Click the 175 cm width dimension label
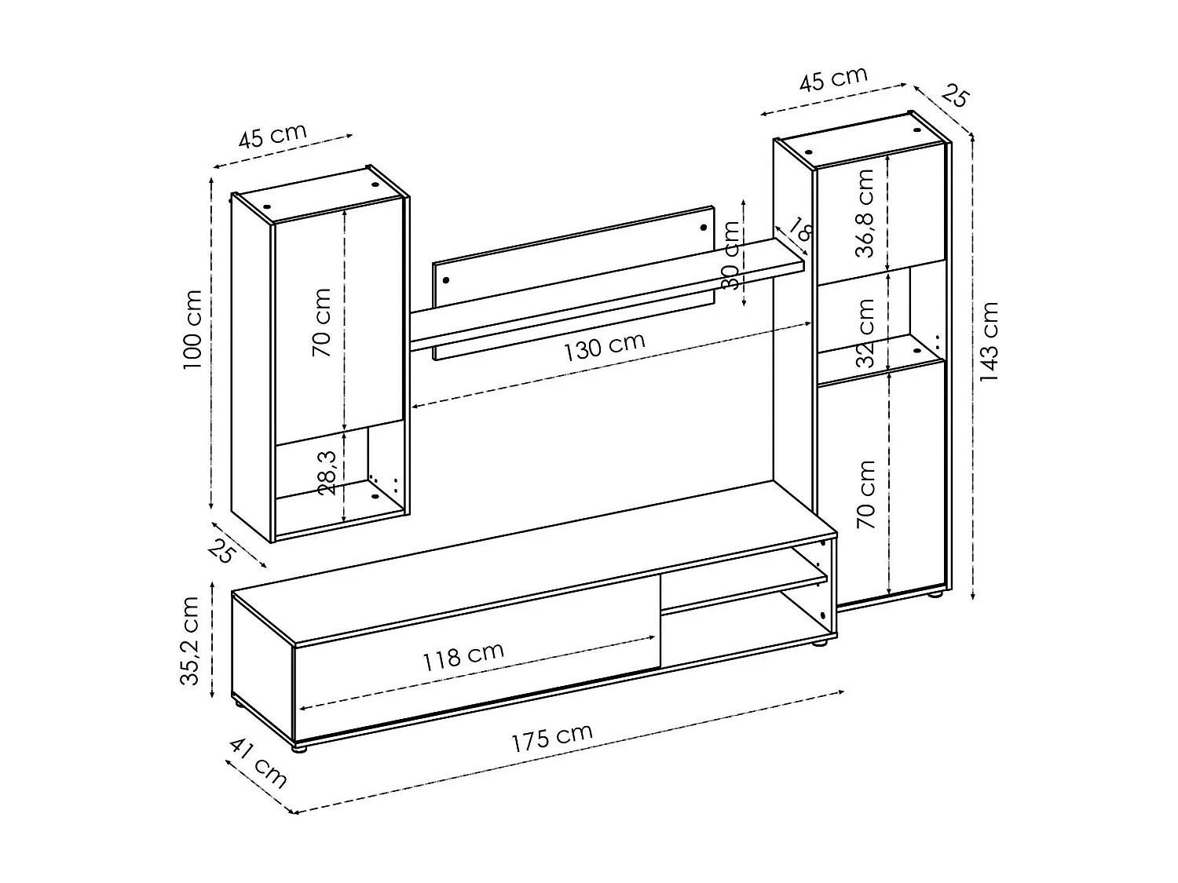[x=551, y=737]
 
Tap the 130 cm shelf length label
[x=604, y=346]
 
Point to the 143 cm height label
[x=990, y=341]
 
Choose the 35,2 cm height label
[x=190, y=640]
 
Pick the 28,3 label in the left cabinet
[x=327, y=473]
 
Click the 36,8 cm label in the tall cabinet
[x=865, y=213]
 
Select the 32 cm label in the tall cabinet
[x=865, y=333]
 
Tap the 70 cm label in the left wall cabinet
[x=322, y=322]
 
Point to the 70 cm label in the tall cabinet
[x=865, y=494]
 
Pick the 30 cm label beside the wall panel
[x=731, y=255]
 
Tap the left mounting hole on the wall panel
[x=445, y=280]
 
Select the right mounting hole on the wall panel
[x=704, y=228]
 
